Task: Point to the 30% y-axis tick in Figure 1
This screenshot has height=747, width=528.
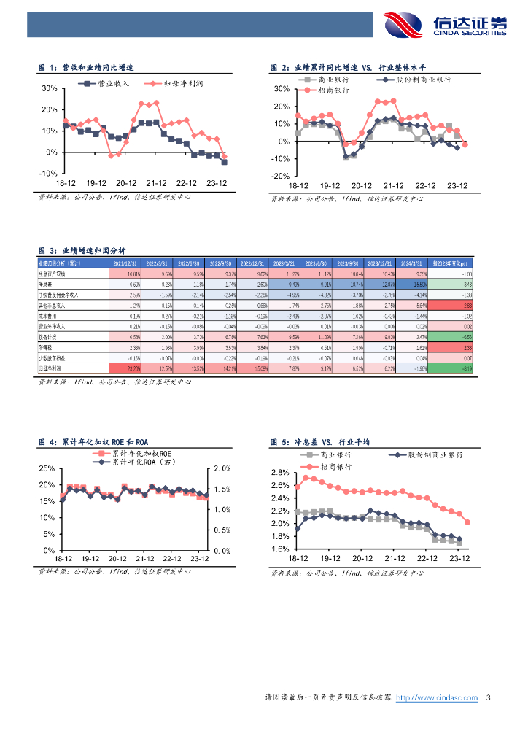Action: (49, 88)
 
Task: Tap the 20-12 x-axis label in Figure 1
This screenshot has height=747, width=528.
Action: (126, 184)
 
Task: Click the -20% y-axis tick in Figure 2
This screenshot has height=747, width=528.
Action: (281, 177)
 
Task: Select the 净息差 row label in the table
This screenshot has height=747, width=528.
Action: (47, 283)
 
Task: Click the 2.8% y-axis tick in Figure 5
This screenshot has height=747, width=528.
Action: (280, 473)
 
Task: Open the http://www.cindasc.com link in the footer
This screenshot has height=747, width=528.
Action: (436, 698)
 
